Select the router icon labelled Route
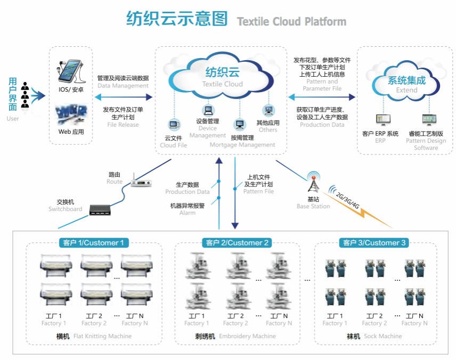coord(141,182)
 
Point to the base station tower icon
coord(313,183)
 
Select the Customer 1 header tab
coord(94,243)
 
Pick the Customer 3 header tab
coord(374,243)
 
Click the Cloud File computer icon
coord(173,125)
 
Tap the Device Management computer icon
coord(208,111)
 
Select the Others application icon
coord(268,111)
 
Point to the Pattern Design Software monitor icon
coord(426,120)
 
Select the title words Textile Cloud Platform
coord(291,22)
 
